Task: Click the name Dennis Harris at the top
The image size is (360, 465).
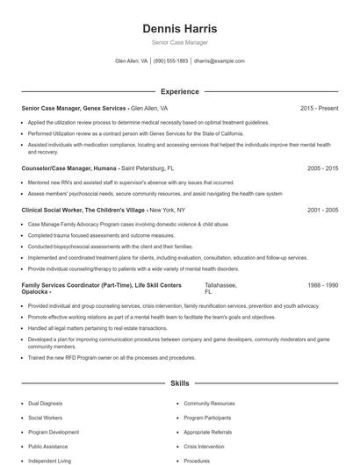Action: pyautogui.click(x=179, y=28)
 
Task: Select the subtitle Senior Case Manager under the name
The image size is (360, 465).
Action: pyautogui.click(x=179, y=42)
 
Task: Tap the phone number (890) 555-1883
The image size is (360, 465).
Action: pyautogui.click(x=171, y=61)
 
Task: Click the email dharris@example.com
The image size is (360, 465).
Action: pyautogui.click(x=220, y=61)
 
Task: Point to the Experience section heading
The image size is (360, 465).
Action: pyautogui.click(x=179, y=91)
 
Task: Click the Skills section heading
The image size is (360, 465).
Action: pyautogui.click(x=179, y=383)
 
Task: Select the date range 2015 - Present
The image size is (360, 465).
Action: pyautogui.click(x=319, y=108)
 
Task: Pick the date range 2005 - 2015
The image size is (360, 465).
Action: pyautogui.click(x=322, y=167)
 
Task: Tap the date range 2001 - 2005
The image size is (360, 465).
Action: pyautogui.click(x=322, y=211)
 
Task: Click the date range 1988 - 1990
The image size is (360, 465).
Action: pyautogui.click(x=322, y=285)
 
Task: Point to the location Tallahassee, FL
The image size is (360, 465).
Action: pyautogui.click(x=220, y=289)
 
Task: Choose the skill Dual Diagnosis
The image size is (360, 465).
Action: pyautogui.click(x=46, y=403)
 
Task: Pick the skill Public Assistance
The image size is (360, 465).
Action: pyautogui.click(x=48, y=446)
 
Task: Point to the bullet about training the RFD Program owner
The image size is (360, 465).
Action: pyautogui.click(x=112, y=358)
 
